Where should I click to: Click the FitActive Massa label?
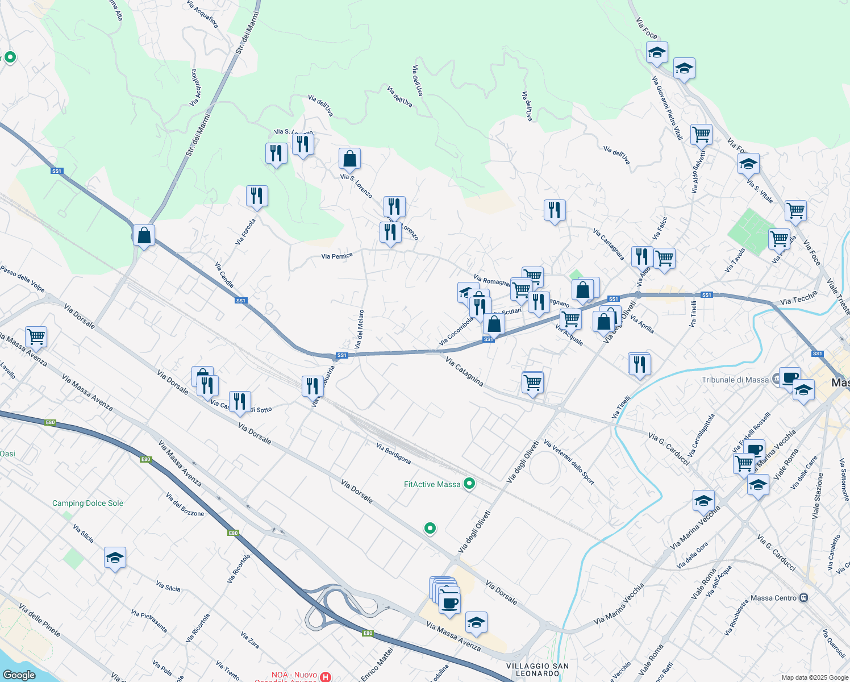click(x=432, y=484)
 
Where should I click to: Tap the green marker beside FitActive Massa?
click(x=469, y=484)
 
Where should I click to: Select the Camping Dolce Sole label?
click(x=88, y=503)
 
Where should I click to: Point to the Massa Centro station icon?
click(x=803, y=598)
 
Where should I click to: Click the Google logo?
click(x=19, y=675)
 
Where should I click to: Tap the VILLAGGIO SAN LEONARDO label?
click(x=537, y=669)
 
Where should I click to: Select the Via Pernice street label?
click(x=337, y=256)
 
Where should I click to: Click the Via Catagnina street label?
click(x=464, y=372)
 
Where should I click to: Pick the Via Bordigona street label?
click(x=393, y=454)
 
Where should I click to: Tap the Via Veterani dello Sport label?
click(x=569, y=462)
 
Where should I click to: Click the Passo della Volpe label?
click(x=22, y=278)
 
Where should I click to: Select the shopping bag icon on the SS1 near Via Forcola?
click(x=144, y=235)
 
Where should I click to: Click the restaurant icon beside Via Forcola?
click(x=257, y=196)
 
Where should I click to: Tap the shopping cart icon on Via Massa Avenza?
click(x=36, y=336)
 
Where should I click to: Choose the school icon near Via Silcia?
click(x=115, y=558)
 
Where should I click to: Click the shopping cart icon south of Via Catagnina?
click(x=532, y=382)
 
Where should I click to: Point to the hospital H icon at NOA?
click(x=326, y=676)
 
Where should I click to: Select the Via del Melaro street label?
click(x=359, y=329)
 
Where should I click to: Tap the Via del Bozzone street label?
click(x=185, y=504)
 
